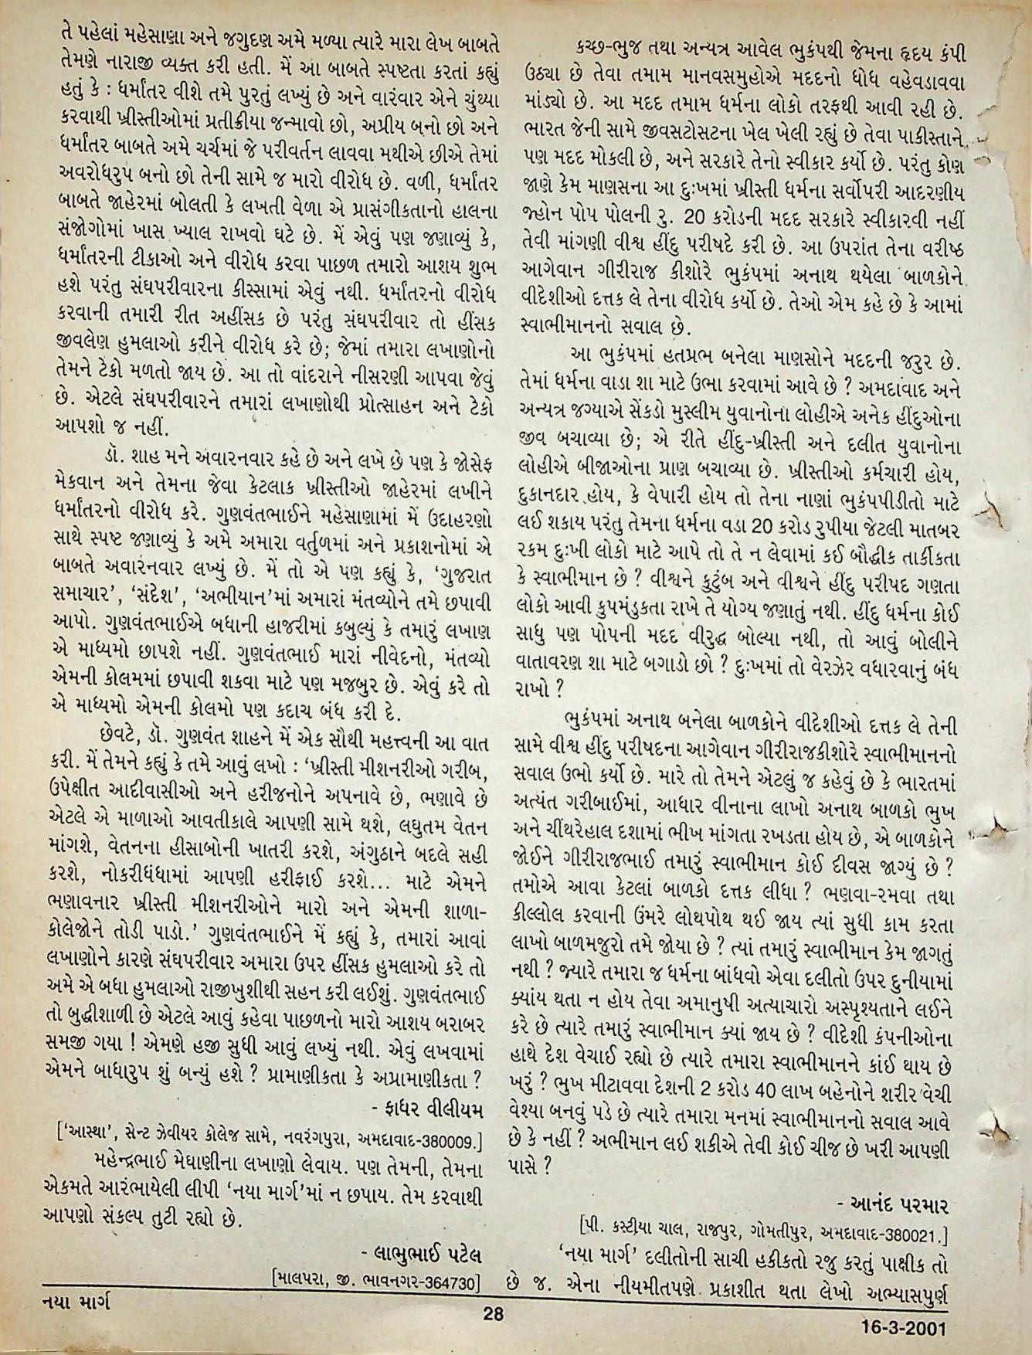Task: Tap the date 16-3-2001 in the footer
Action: pos(904,1329)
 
